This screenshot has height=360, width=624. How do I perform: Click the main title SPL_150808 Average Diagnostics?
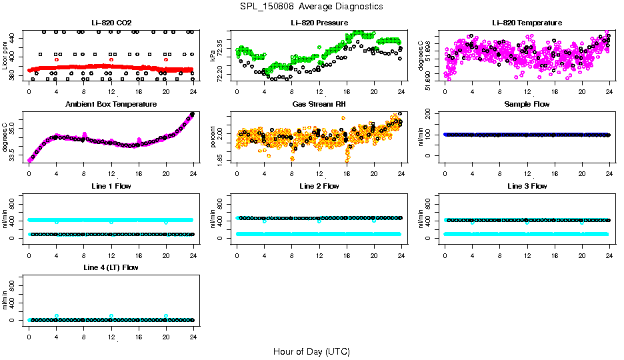click(x=312, y=6)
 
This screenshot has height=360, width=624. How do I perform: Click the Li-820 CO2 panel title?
click(x=111, y=23)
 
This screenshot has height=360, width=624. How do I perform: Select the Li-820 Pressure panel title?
click(x=319, y=23)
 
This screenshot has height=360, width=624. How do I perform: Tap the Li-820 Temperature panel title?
click(x=527, y=23)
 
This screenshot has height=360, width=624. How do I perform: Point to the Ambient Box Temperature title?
click(x=111, y=105)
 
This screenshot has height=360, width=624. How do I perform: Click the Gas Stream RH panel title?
click(x=319, y=105)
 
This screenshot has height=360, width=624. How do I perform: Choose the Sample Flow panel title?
click(x=527, y=105)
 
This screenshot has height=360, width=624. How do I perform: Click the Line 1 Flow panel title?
click(x=111, y=186)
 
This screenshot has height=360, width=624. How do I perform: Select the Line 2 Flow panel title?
click(x=319, y=186)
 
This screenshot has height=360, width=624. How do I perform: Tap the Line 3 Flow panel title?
click(x=527, y=186)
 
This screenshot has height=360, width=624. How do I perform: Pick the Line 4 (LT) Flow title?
click(x=111, y=267)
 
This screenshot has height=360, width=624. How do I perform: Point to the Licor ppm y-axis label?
click(x=5, y=56)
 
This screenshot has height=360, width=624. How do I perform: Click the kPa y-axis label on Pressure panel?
click(x=213, y=56)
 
